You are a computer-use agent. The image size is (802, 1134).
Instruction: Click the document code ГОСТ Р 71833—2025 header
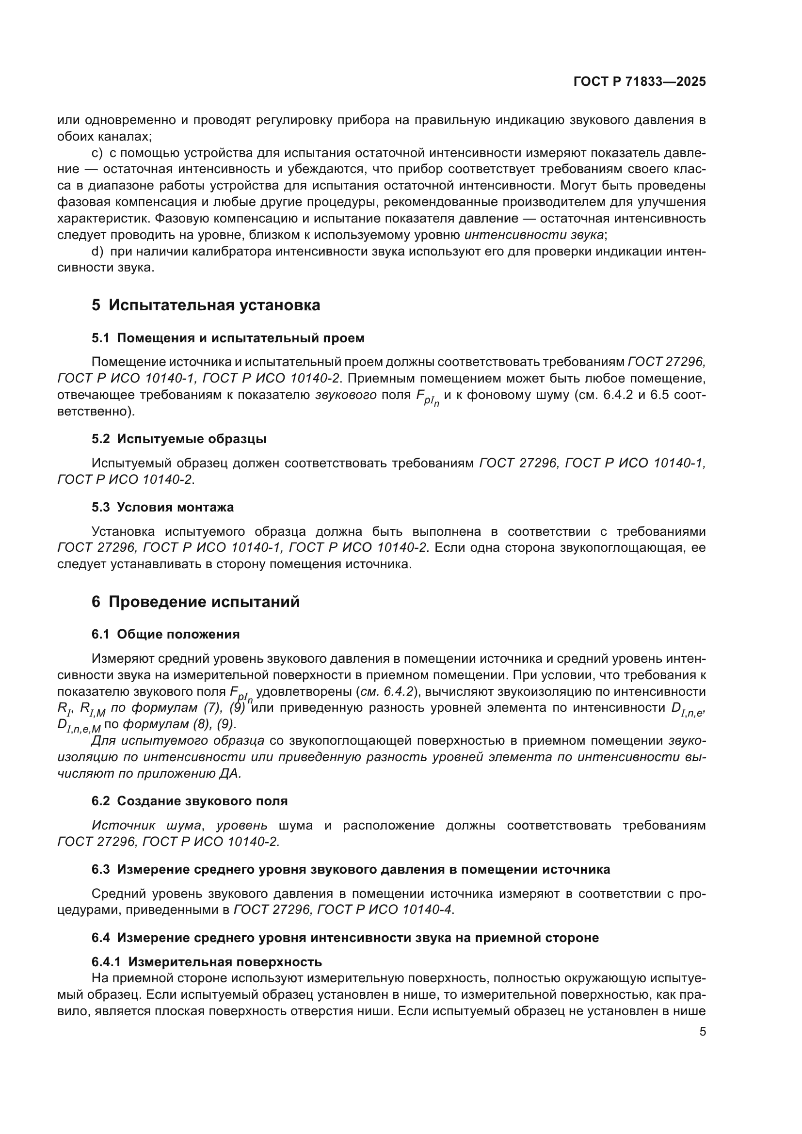[640, 82]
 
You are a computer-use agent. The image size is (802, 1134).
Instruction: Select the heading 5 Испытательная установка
[206, 305]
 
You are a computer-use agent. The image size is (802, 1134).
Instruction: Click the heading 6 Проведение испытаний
[195, 602]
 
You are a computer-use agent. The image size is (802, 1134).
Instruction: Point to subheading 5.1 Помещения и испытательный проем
[228, 338]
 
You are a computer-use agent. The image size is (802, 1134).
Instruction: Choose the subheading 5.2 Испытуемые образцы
[179, 439]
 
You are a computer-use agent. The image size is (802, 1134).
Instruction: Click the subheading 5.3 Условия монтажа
[162, 507]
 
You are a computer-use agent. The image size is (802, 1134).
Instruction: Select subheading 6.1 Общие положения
[165, 634]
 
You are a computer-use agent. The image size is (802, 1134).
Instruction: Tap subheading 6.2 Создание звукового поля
[189, 800]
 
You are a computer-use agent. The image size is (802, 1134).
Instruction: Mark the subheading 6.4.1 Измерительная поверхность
[207, 962]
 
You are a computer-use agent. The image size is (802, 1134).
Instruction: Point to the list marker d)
[98, 252]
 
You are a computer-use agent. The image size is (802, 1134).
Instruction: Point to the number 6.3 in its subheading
[101, 869]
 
